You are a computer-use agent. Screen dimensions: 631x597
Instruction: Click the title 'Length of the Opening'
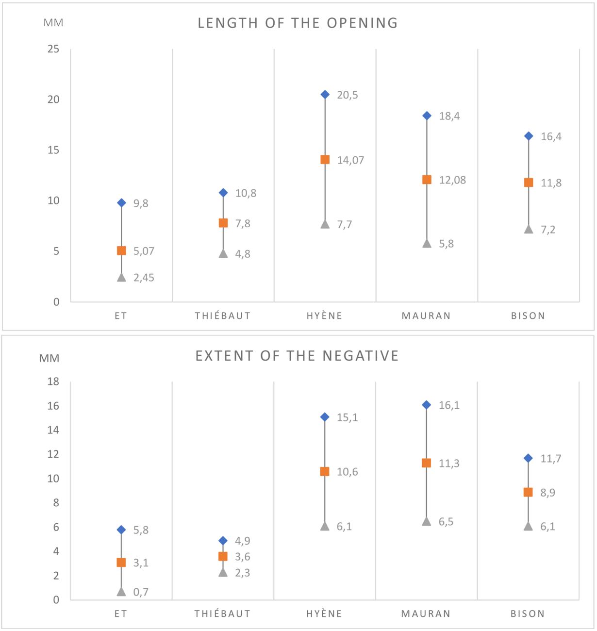pyautogui.click(x=298, y=23)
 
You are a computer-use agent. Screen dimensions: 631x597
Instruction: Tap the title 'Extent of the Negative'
pyautogui.click(x=297, y=356)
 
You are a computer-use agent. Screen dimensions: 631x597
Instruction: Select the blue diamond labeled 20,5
pyautogui.click(x=325, y=95)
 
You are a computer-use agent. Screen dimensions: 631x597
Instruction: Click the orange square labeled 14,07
pyautogui.click(x=325, y=160)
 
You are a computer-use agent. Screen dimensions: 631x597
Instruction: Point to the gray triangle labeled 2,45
pyautogui.click(x=121, y=277)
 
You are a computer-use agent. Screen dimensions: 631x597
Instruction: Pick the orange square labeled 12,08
pyautogui.click(x=427, y=180)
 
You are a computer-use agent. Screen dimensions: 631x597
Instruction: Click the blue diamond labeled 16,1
pyautogui.click(x=427, y=405)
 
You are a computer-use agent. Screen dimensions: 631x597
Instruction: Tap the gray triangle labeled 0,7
pyautogui.click(x=121, y=591)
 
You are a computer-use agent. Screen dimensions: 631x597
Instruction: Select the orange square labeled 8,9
pyautogui.click(x=528, y=492)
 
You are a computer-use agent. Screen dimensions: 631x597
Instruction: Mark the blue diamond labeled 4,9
pyautogui.click(x=223, y=541)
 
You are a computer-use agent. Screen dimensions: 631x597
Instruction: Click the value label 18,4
pyautogui.click(x=449, y=116)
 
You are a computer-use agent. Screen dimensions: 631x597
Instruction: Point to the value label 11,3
pyautogui.click(x=449, y=464)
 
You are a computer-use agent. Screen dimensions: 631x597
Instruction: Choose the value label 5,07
pyautogui.click(x=144, y=251)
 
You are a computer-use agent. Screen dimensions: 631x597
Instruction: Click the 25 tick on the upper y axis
pyautogui.click(x=53, y=49)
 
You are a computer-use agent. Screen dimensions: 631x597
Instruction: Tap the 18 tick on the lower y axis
pyautogui.click(x=53, y=382)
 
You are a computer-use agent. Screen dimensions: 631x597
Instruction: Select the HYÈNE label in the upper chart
pyautogui.click(x=325, y=316)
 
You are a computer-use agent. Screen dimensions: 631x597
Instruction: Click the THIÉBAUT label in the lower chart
pyautogui.click(x=223, y=614)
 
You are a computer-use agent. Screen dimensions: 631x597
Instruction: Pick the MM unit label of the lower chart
pyautogui.click(x=50, y=358)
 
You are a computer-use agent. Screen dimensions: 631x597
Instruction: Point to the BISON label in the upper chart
pyautogui.click(x=528, y=316)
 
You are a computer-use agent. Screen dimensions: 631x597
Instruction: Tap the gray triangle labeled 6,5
pyautogui.click(x=427, y=521)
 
